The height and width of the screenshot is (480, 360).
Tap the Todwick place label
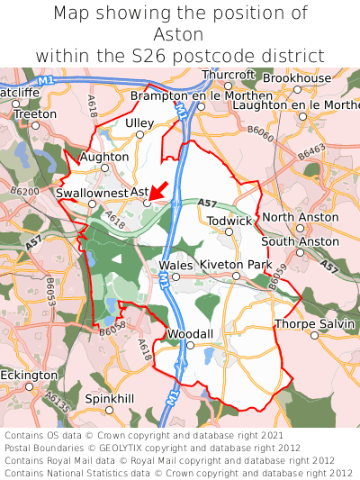click(x=229, y=221)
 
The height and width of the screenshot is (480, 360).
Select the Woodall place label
click(x=190, y=334)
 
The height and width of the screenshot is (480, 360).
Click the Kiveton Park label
click(x=236, y=265)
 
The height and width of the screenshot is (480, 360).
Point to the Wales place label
click(x=175, y=265)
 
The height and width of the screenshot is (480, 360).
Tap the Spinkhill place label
click(x=109, y=398)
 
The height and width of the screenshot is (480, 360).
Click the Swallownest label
click(x=91, y=193)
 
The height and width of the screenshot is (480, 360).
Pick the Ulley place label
click(x=139, y=123)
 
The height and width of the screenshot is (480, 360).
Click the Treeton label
click(x=36, y=114)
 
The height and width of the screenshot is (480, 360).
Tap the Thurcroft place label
click(x=229, y=75)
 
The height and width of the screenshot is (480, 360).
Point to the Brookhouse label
click(x=297, y=79)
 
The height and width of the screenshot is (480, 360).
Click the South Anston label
click(x=301, y=241)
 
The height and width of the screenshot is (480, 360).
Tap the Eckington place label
click(x=28, y=375)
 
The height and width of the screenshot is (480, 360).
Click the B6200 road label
click(x=26, y=192)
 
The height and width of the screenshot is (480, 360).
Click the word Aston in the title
click(x=180, y=34)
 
